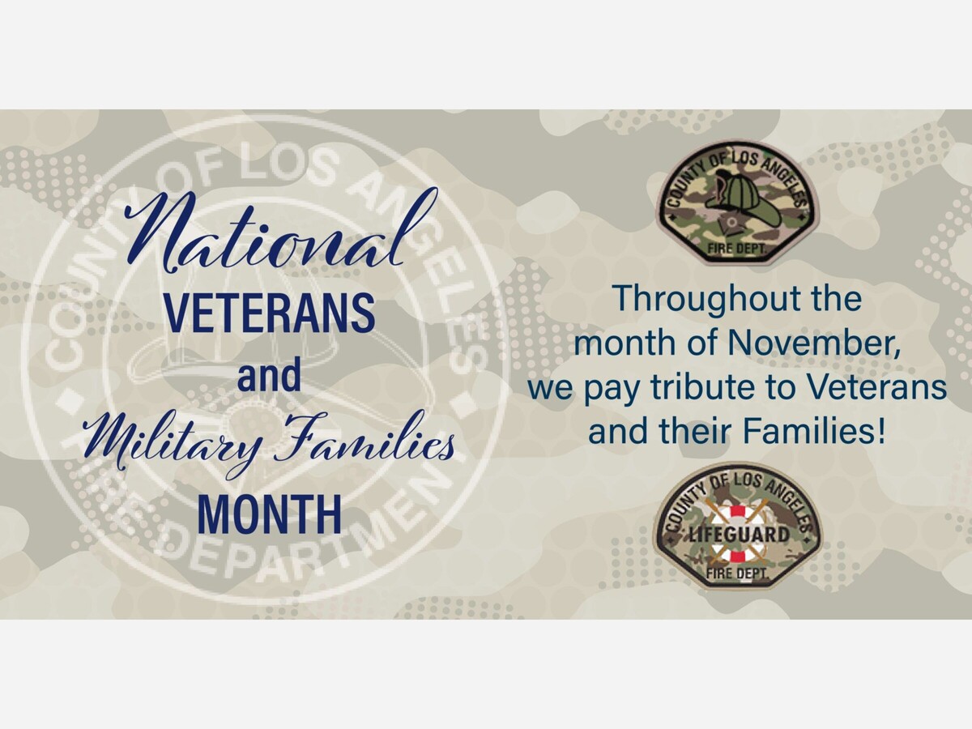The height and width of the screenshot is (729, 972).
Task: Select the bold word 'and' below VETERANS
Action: click(x=269, y=375)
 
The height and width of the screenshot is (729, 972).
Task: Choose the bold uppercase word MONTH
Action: click(x=270, y=514)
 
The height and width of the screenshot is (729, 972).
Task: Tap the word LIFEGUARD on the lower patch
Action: click(x=738, y=535)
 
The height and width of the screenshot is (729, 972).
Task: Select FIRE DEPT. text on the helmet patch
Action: click(x=737, y=249)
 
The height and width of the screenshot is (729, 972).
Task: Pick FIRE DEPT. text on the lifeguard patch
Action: click(x=737, y=574)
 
